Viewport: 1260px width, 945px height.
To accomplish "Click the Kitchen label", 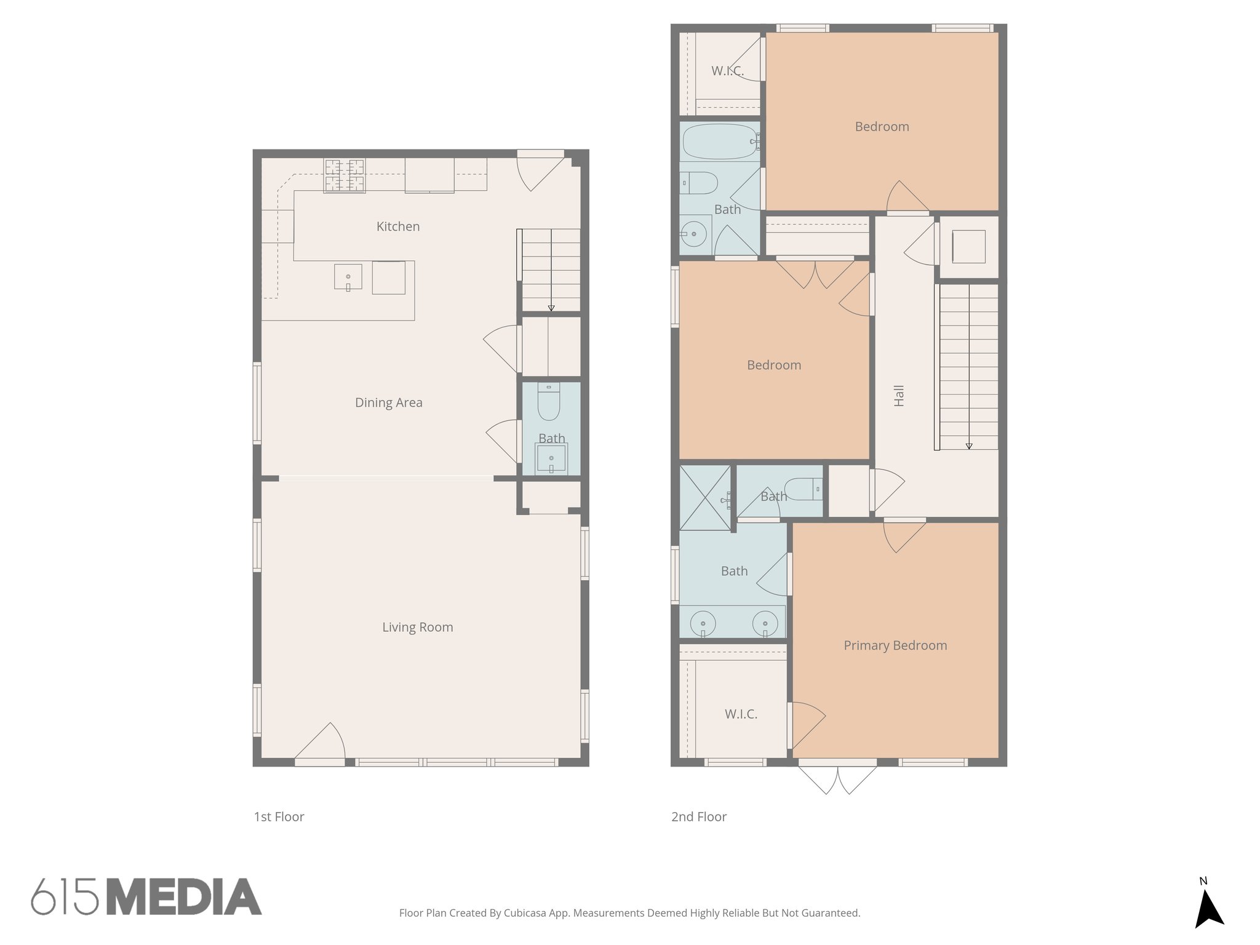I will coord(398,226).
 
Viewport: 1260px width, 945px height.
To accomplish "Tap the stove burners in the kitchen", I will coord(345,175).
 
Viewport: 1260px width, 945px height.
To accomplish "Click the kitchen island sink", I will coord(348,277).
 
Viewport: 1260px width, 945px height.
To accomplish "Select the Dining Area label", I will coord(388,402).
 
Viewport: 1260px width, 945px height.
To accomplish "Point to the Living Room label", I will coord(417,627).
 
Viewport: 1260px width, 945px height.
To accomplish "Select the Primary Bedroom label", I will coord(895,645).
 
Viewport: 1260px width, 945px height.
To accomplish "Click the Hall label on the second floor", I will coord(899,396).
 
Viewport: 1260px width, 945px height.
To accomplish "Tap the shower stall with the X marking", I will coord(705,498).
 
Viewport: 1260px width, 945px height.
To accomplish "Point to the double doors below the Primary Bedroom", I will coord(837,780).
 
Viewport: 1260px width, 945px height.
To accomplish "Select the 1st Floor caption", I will coord(279,816).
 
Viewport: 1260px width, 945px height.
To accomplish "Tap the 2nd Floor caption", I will coord(698,816).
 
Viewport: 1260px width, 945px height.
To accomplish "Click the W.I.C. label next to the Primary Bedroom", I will coord(740,714).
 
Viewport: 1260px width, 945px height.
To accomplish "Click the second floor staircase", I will coord(968,366).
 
